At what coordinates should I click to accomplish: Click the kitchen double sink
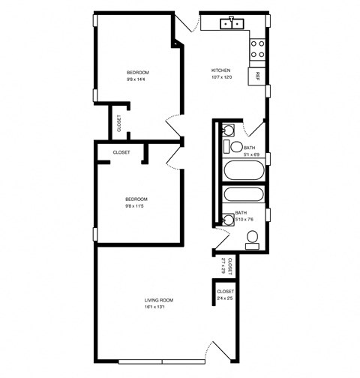click(232, 24)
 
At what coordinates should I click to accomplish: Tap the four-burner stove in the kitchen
click(256, 49)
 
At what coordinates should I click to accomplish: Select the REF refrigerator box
click(257, 76)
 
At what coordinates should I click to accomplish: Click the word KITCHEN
click(220, 70)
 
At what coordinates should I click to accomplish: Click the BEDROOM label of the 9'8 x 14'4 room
click(136, 72)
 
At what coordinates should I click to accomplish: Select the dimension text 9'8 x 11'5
click(136, 205)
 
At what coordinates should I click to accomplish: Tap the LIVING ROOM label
click(159, 300)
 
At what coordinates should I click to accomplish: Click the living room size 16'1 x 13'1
click(159, 307)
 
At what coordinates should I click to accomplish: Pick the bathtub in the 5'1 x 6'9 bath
click(244, 170)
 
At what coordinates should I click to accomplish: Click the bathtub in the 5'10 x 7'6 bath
click(244, 196)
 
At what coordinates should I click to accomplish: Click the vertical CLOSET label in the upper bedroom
click(118, 122)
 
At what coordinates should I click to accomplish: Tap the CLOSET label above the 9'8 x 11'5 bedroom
click(121, 152)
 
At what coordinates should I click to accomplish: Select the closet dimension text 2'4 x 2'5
click(225, 298)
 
